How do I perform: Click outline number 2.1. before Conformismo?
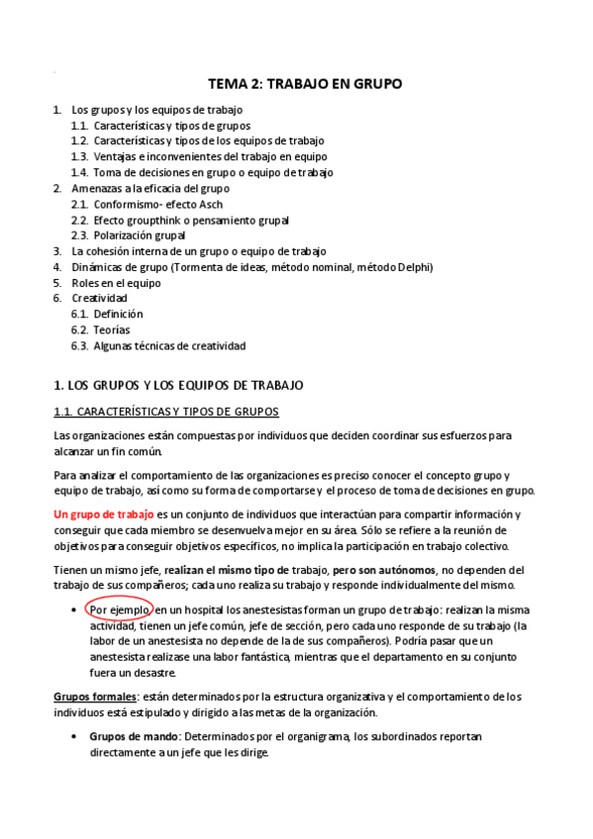[80, 204]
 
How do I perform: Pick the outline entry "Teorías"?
[112, 330]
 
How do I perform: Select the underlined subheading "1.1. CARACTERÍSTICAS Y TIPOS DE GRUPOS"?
[166, 411]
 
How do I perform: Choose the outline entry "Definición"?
[119, 315]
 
